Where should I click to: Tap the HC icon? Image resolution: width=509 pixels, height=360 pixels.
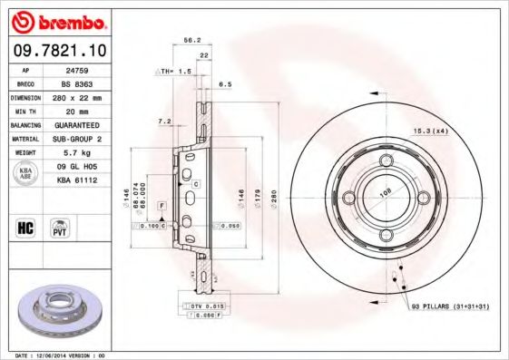pos(26,226)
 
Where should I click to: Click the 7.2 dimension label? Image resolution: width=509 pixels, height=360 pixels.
pos(164,121)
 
